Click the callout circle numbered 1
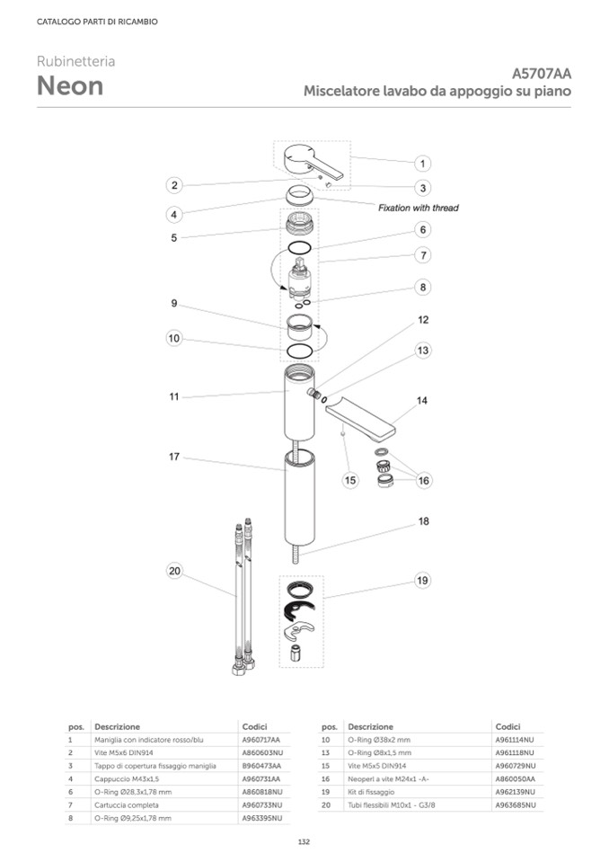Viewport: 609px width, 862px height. click(x=422, y=164)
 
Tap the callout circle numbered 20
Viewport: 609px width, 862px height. click(x=174, y=571)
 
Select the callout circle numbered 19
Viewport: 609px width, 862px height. click(x=422, y=581)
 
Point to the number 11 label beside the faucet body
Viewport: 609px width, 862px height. click(x=174, y=396)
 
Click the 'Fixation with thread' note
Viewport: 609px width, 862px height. click(x=419, y=208)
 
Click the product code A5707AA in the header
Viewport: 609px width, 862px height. click(x=542, y=74)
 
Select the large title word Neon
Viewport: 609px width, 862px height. click(x=70, y=85)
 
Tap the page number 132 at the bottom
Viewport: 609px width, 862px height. click(x=304, y=841)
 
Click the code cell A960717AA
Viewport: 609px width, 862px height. click(x=260, y=740)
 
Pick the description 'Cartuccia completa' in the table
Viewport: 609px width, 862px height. click(x=127, y=804)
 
